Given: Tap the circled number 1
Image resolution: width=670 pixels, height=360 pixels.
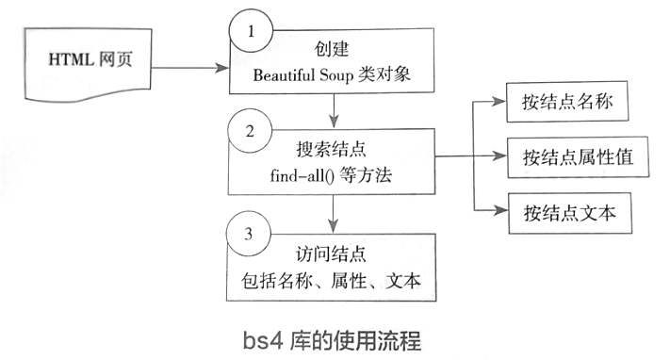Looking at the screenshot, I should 251,31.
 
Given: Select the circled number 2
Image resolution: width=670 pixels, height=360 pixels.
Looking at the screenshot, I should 251,131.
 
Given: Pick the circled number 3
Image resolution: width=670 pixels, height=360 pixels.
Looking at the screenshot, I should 251,235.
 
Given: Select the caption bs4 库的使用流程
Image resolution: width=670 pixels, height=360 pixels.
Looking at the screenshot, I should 335,336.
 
